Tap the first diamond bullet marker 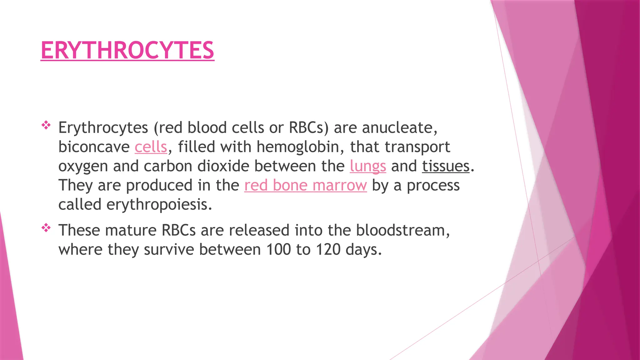tap(46, 125)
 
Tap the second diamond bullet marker tap(46, 228)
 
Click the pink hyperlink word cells tap(151, 147)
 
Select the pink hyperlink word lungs tap(368, 166)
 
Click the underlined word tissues tap(446, 166)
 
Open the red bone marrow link tap(305, 185)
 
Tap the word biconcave tap(94, 147)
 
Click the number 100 tap(278, 249)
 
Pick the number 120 tap(328, 249)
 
